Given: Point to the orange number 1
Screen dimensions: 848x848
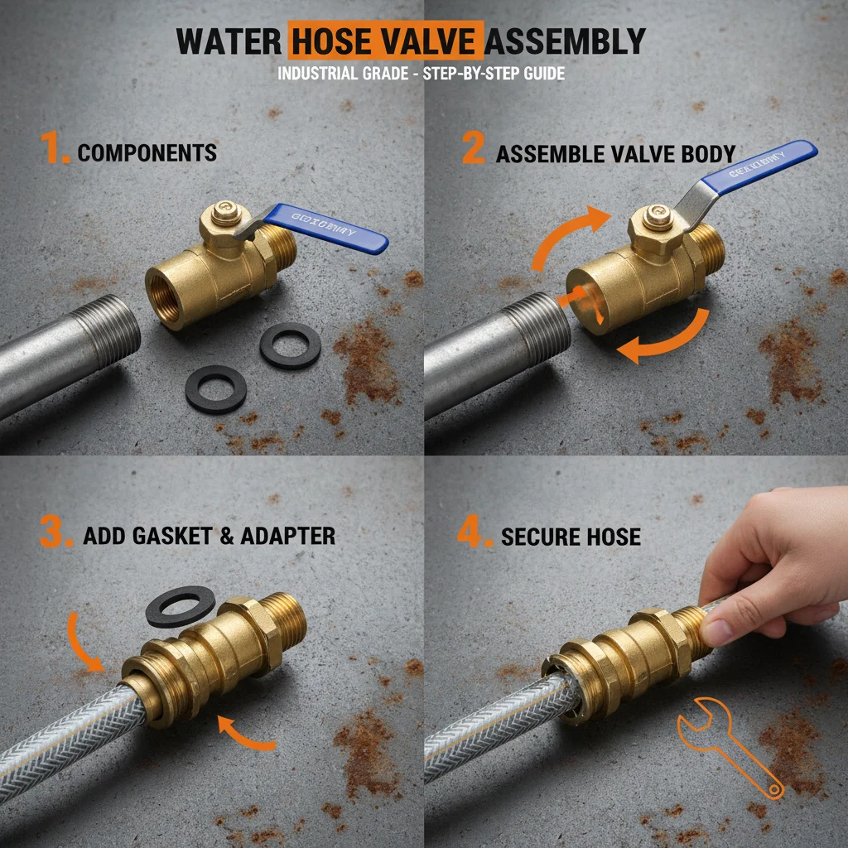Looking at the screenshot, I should click(55, 151).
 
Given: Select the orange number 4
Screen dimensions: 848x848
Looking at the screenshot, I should click(475, 533).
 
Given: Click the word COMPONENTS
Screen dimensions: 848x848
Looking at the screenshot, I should click(147, 152).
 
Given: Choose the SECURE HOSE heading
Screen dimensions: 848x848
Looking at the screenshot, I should click(571, 536).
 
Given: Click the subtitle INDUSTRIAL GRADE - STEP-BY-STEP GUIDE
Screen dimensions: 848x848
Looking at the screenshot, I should click(421, 74).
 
